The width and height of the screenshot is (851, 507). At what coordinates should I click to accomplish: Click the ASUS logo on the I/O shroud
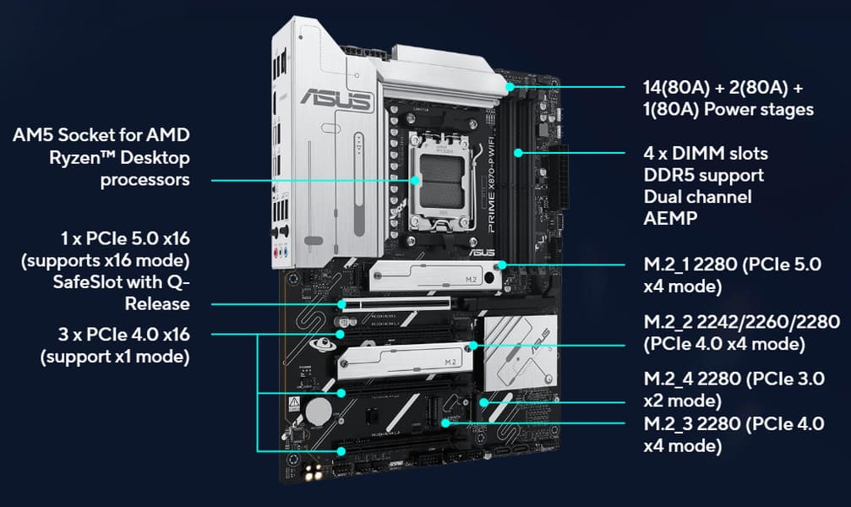click(x=336, y=100)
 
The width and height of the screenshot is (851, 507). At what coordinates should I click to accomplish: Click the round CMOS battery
click(x=318, y=412)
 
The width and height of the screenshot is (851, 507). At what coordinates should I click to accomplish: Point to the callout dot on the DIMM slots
click(x=518, y=153)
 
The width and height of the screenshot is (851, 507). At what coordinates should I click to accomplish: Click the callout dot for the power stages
click(x=510, y=87)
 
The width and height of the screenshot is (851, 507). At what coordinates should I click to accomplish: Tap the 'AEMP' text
click(x=670, y=218)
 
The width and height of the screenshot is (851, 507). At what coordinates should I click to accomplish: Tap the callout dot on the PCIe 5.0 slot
click(x=341, y=304)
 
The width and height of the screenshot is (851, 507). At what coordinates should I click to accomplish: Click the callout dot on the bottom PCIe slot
click(x=341, y=451)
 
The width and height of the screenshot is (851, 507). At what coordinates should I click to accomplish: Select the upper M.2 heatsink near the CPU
click(x=434, y=275)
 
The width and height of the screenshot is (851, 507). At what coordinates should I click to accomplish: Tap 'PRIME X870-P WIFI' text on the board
click(x=491, y=184)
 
